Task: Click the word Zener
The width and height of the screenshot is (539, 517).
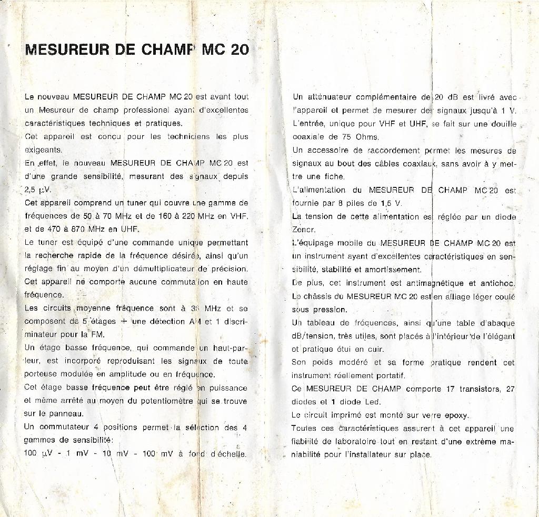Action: [304, 230]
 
